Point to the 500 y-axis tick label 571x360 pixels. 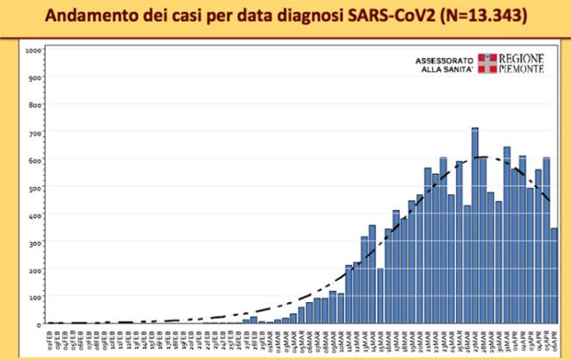click(x=35, y=187)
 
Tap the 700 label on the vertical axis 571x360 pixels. click(x=35, y=133)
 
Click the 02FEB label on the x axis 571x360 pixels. click(x=51, y=339)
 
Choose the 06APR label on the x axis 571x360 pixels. click(x=554, y=339)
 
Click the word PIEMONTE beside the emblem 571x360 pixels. click(x=523, y=69)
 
